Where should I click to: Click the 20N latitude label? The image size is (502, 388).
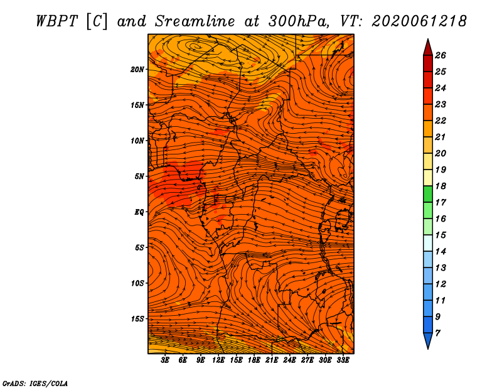point(137,70)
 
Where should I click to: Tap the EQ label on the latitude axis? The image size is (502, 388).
point(139,212)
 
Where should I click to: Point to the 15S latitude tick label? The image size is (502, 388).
point(137,319)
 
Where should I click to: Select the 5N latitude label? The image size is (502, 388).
point(139,176)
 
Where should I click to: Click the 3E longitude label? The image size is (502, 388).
point(165,360)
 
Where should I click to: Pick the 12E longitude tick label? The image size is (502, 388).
point(218,360)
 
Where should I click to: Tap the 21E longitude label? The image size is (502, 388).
point(272,360)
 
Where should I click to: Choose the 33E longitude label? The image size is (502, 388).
point(343,360)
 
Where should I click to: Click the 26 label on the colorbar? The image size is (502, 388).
point(441,55)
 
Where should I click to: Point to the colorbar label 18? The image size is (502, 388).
point(441,186)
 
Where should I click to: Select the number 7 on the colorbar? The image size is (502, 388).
point(437,333)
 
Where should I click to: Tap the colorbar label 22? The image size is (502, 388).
point(441,121)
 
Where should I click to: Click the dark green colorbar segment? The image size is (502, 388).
point(428,194)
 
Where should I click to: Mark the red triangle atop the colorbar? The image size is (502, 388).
point(428,48)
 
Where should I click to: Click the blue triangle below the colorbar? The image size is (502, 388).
point(428,340)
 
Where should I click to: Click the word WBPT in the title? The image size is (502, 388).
point(56,21)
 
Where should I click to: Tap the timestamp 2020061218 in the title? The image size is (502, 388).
point(419,21)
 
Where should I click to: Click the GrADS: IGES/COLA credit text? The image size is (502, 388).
point(35,384)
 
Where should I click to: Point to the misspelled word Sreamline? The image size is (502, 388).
point(195,21)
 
